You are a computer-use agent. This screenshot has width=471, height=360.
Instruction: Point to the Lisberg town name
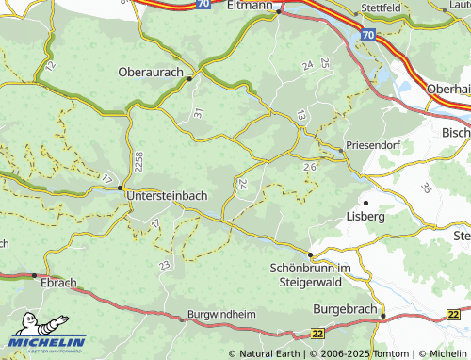point(367,216)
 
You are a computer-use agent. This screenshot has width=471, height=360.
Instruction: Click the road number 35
point(424,188)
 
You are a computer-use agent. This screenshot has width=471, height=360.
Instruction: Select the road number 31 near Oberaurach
point(198,113)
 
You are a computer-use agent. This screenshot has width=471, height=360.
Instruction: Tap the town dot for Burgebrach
point(383,316)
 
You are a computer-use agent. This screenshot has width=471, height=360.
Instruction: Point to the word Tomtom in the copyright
point(382,353)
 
